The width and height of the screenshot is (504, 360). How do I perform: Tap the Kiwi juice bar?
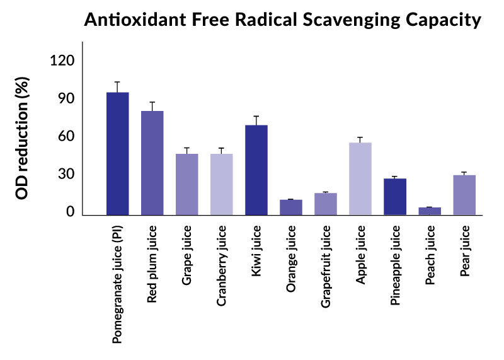[x=256, y=170]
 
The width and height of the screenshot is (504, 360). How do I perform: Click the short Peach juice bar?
[x=430, y=211]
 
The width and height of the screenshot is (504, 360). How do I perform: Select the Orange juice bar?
[x=291, y=207]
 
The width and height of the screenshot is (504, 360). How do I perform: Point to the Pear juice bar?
[x=464, y=195]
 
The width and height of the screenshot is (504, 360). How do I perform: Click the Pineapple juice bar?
[x=395, y=196]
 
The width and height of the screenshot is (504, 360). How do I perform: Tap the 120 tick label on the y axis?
[x=62, y=61]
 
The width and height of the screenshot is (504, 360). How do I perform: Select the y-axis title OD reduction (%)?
[x=23, y=137]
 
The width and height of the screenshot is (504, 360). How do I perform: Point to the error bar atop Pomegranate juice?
[x=118, y=86]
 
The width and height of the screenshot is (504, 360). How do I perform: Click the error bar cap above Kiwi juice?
[x=256, y=117]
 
